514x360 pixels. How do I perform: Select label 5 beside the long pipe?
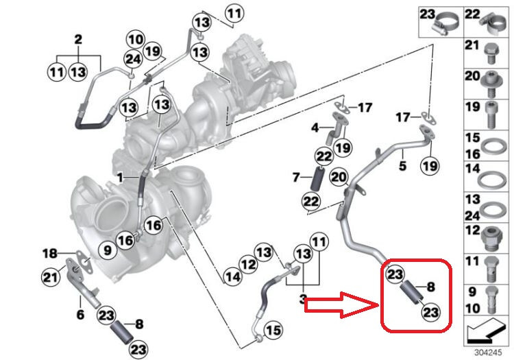[x=402, y=165]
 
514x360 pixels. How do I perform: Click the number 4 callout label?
[x=315, y=128]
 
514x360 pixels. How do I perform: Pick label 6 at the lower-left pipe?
[x=79, y=315]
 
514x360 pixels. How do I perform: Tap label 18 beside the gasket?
[x=47, y=254]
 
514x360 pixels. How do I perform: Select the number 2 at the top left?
[x=78, y=38]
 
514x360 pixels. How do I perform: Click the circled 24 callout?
[x=133, y=60]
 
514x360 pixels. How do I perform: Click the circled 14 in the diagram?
[x=232, y=277]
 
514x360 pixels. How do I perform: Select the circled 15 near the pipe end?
[x=273, y=331]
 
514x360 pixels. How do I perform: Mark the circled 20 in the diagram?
[x=336, y=177]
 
